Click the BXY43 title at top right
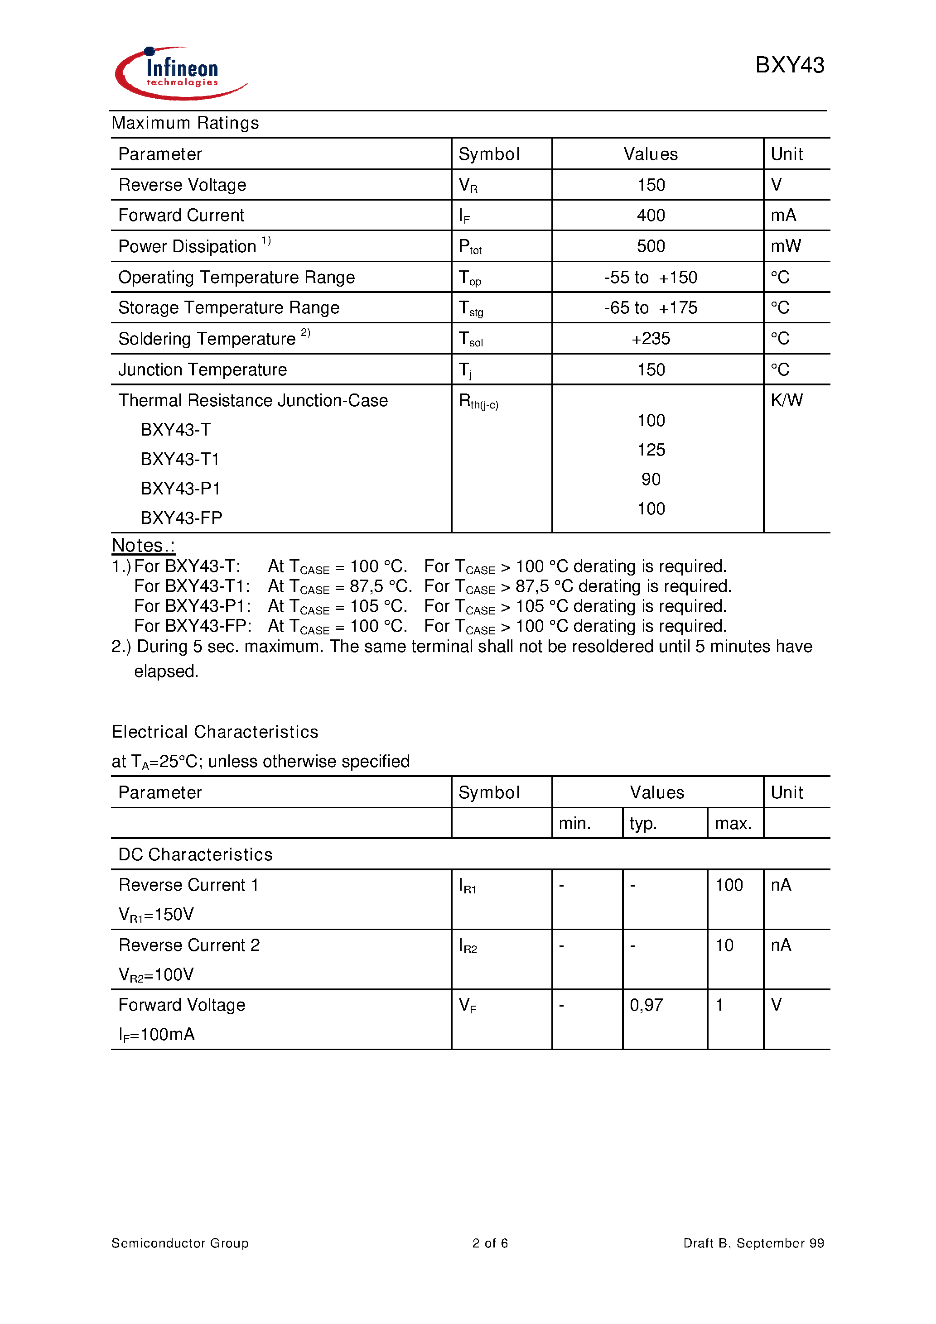coord(789,65)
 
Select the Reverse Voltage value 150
coord(651,185)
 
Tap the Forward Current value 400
coord(651,216)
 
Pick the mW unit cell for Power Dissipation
coord(785,246)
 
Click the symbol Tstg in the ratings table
coord(470,308)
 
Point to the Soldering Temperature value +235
coord(651,339)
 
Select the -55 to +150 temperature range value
coord(651,278)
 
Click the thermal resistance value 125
coord(651,450)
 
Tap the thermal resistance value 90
coord(651,479)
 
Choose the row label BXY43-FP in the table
coord(181,518)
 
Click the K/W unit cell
coord(786,400)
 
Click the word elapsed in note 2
coord(166,671)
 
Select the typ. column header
coord(643,824)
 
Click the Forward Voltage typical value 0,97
coord(646,1005)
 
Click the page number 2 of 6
coord(489,1242)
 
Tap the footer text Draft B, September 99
coord(753,1242)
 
